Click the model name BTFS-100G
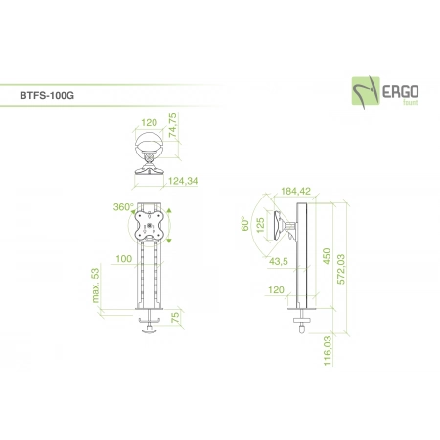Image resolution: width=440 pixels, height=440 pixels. [x=47, y=95]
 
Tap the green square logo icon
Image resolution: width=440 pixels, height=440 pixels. [x=366, y=91]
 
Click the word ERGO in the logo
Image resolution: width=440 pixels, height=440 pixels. [x=400, y=92]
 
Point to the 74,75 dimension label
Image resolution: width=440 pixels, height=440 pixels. [x=173, y=125]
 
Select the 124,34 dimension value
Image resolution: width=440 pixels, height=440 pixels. [x=183, y=181]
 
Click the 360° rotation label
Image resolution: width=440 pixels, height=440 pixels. [x=123, y=207]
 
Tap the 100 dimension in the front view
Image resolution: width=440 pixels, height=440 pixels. [x=124, y=259]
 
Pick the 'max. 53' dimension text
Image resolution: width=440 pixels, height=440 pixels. [x=95, y=286]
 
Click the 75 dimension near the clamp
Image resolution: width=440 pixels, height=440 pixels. [x=175, y=318]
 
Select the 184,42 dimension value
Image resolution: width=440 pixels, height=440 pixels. [x=295, y=191]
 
